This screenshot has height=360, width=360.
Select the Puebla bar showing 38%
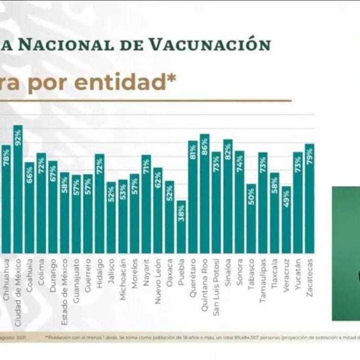181,227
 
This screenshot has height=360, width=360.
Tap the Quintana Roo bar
204,193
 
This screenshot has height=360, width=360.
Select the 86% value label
204,146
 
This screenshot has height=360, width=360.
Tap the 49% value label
286,199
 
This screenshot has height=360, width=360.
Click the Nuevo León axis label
158,285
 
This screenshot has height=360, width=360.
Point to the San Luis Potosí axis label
216,289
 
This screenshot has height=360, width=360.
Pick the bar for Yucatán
298,202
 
